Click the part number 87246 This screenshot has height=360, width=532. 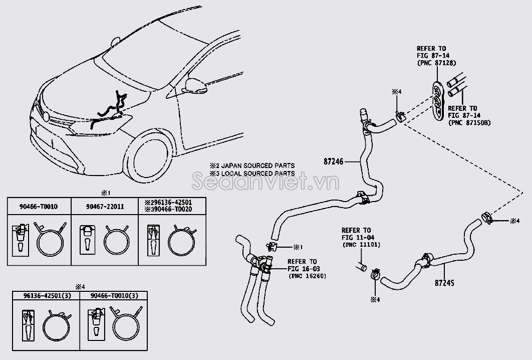334,161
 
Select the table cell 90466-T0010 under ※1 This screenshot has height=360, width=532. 39,206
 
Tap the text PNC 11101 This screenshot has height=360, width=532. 362,245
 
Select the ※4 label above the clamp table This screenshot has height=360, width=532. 80,287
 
